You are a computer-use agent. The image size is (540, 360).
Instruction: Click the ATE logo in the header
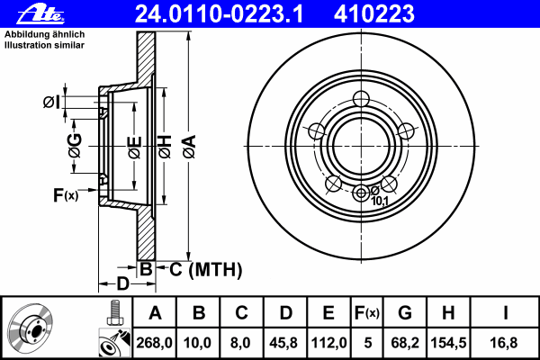[x=40, y=14]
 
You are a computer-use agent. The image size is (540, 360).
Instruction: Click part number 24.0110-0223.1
[x=219, y=14]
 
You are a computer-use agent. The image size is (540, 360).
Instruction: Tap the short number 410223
[x=374, y=14]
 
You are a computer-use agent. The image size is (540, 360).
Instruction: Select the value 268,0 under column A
[x=154, y=343]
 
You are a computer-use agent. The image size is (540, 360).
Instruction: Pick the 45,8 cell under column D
[x=283, y=343]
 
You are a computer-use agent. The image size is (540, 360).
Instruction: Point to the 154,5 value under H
[x=448, y=343]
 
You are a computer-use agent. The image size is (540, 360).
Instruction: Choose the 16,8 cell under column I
[x=503, y=343]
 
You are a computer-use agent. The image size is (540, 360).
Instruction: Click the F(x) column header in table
[x=367, y=313]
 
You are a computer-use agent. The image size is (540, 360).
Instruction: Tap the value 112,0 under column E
[x=328, y=343]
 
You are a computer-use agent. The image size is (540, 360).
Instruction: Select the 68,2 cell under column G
[x=405, y=343]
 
